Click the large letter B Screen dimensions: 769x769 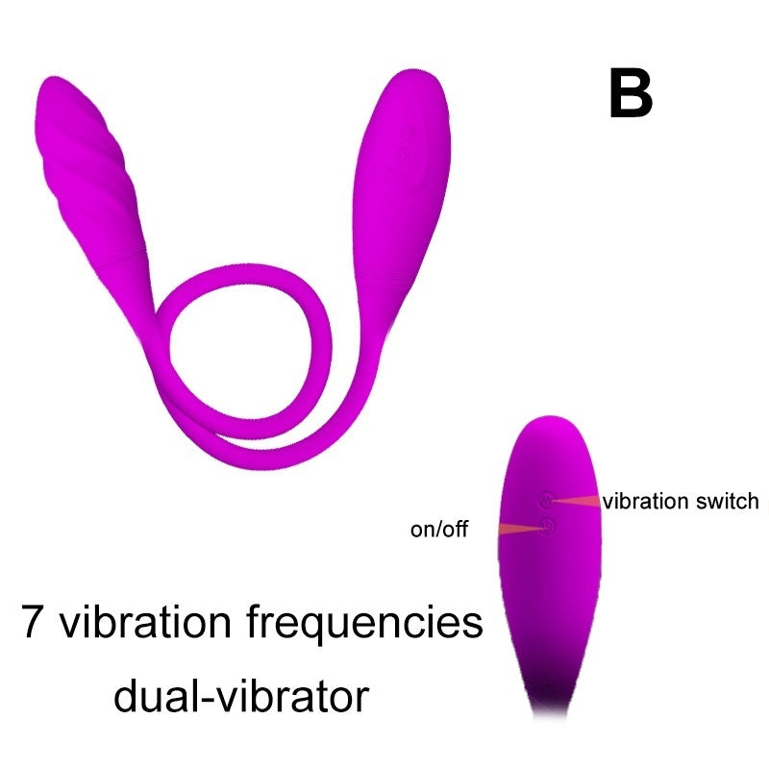coord(631,94)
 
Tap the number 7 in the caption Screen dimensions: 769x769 coord(34,623)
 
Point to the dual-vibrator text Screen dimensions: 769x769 coord(241,695)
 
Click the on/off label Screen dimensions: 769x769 coord(439,529)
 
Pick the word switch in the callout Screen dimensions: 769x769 coord(727,501)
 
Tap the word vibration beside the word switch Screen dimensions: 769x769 coord(646,501)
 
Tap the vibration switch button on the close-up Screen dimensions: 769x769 coord(547,501)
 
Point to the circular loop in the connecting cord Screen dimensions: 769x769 coord(245,346)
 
